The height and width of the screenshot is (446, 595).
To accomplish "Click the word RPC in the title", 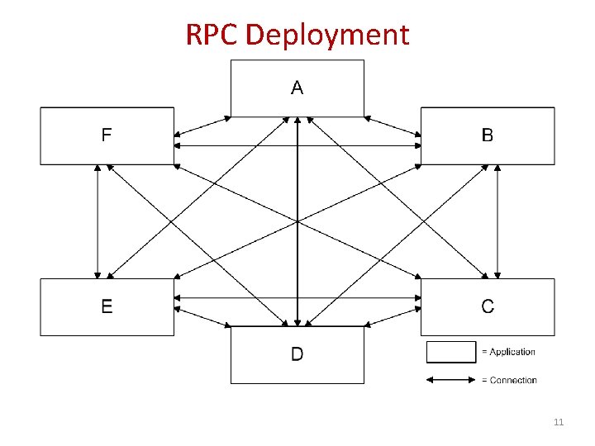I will click(x=212, y=35).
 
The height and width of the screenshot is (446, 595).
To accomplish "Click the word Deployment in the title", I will click(x=327, y=36).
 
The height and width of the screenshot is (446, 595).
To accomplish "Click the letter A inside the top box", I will click(x=297, y=88).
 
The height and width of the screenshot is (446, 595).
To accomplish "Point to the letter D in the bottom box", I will click(x=297, y=355).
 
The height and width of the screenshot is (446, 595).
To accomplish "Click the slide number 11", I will click(x=558, y=423).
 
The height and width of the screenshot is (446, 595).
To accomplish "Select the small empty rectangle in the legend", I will click(x=451, y=352).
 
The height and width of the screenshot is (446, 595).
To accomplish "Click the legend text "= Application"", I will click(x=508, y=352).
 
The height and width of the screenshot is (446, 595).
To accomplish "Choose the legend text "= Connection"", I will click(x=509, y=381).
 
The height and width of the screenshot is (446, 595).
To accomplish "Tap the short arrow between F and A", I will click(x=203, y=126).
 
